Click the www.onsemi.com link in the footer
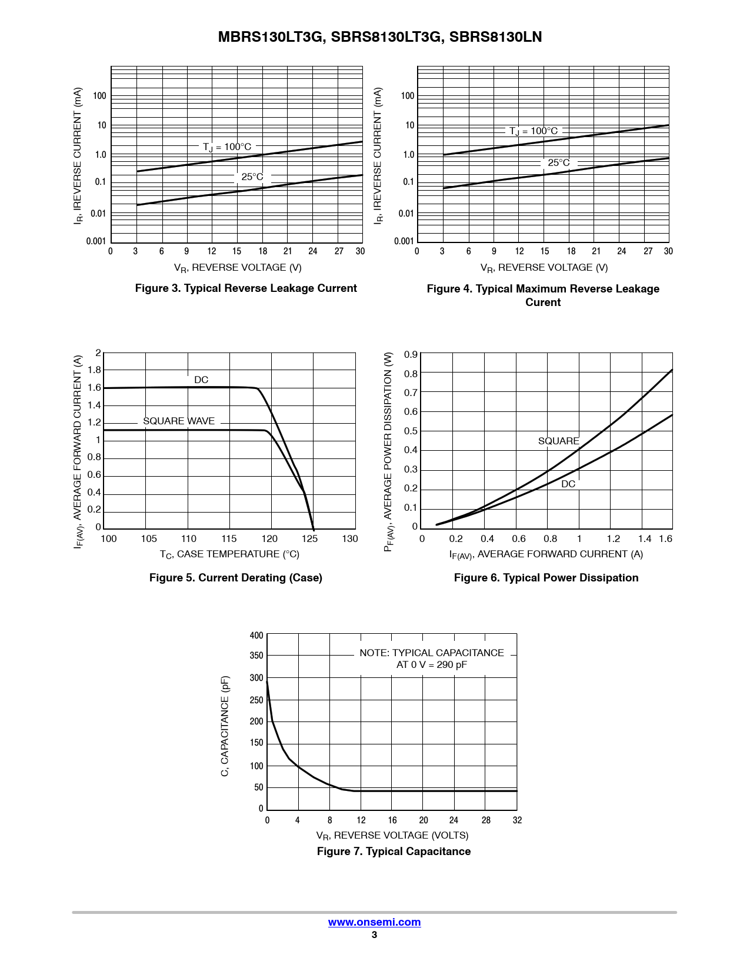374,922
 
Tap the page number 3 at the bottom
374,935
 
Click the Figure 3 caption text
246,288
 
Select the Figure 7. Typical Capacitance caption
394,852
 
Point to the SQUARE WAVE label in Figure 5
179,421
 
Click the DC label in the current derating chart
201,380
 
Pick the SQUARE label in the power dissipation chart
558,441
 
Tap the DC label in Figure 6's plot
568,484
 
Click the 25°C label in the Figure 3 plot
252,177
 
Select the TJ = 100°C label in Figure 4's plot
534,131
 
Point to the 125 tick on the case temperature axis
309,539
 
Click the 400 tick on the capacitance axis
256,636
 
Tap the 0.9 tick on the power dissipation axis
411,354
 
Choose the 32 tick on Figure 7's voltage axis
517,820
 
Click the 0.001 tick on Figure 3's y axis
96,241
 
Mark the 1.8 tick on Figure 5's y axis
94,370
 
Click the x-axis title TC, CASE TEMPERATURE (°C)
229,554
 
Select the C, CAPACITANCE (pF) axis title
225,726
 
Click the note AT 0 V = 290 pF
431,665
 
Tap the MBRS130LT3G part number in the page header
271,37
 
